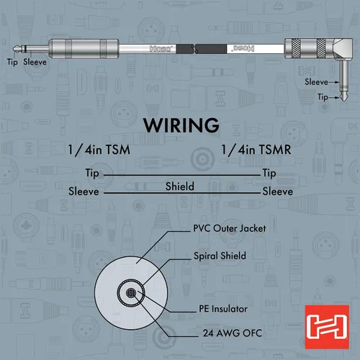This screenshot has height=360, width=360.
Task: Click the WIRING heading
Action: point(181,125)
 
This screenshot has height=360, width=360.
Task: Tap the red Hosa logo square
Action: point(327,327)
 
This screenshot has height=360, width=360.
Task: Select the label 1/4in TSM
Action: point(99,150)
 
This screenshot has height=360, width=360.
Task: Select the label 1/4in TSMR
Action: point(256,150)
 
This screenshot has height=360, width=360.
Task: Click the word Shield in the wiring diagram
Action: point(180,186)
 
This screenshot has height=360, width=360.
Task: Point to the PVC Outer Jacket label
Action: point(230,228)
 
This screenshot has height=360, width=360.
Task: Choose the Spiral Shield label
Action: point(220,256)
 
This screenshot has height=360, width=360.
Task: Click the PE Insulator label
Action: point(223,309)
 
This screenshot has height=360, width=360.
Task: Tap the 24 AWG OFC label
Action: point(232,333)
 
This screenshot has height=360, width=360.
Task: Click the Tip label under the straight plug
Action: point(12,62)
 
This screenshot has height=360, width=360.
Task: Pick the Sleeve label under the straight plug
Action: point(35,62)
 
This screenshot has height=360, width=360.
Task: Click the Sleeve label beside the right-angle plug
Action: point(316,82)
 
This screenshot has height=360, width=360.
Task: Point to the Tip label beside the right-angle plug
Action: point(323,97)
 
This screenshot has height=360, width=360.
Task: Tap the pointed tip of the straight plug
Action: point(14,49)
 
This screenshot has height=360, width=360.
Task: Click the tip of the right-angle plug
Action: point(344,99)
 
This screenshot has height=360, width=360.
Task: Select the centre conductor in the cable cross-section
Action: point(131,293)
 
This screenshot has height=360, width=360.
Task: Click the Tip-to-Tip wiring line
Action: point(182,175)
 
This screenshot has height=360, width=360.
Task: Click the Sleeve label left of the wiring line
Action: point(84,192)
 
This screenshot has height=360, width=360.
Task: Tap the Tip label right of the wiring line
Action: point(269,174)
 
